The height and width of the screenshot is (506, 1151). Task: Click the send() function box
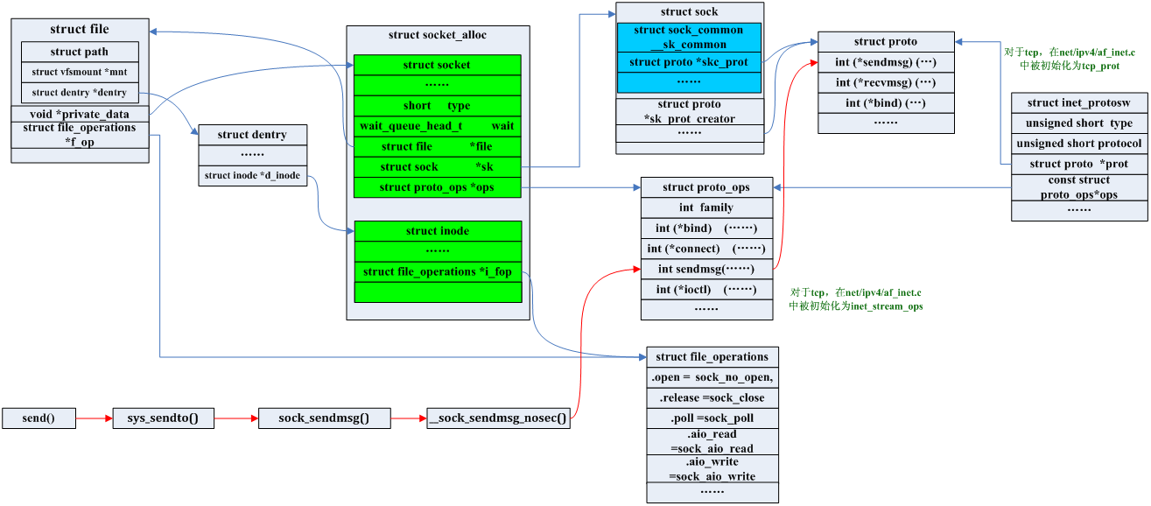pos(39,418)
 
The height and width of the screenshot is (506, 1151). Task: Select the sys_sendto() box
pos(163,418)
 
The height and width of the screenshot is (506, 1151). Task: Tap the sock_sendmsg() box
pos(323,418)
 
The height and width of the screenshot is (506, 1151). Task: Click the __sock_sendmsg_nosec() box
pos(497,418)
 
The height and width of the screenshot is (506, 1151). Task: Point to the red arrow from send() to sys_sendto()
pos(94,418)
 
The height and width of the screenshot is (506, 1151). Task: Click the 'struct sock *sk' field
pos(437,166)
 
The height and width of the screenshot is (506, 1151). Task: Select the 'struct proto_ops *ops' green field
pos(437,187)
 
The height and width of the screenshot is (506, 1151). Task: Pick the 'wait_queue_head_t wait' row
pos(437,126)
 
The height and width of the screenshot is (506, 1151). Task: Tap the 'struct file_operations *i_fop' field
pos(437,271)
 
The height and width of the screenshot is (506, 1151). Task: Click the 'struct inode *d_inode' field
pos(252,176)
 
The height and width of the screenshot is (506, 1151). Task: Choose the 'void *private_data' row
pos(80,114)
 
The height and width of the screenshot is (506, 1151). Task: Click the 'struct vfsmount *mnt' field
pos(80,72)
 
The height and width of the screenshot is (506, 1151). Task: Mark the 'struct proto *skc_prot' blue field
pos(689,62)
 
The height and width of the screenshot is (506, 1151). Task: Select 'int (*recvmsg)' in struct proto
pos(885,82)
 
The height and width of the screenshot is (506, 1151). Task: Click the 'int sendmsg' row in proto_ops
pos(707,269)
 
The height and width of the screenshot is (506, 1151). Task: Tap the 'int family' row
pos(707,207)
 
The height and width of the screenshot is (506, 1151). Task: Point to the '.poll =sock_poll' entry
pos(712,418)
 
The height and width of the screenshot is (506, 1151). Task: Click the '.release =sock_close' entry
pos(712,397)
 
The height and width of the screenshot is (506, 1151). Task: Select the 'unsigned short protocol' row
pos(1078,144)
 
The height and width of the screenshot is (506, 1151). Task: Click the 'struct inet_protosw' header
pos(1078,103)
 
